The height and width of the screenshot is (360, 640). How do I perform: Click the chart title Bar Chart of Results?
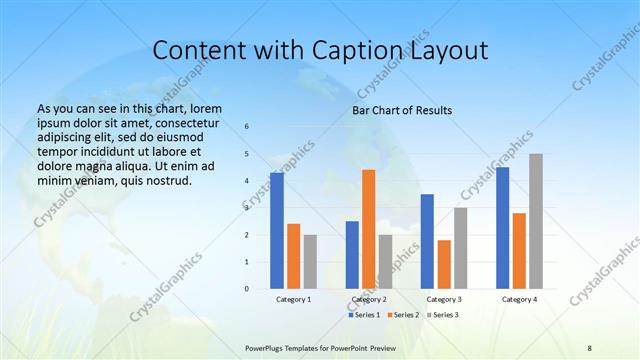(x=401, y=110)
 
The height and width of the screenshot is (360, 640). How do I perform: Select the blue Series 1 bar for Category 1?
(x=277, y=231)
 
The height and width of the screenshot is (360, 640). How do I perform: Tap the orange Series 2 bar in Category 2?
(x=368, y=229)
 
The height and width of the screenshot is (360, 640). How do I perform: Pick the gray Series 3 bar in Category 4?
(x=536, y=221)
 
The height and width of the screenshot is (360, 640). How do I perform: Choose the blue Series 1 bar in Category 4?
(x=502, y=228)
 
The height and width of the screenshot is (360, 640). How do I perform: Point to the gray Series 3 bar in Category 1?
(x=310, y=262)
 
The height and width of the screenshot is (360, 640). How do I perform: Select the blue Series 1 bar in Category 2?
(x=352, y=255)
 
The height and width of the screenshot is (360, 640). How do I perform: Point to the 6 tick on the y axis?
(x=247, y=127)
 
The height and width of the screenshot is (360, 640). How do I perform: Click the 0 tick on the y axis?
(x=247, y=289)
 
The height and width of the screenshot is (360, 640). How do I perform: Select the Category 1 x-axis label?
(x=294, y=299)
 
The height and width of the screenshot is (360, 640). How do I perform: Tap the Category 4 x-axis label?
(x=519, y=299)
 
